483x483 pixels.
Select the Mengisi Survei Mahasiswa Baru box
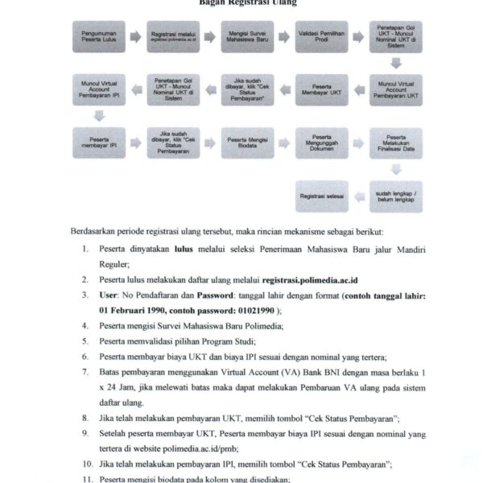coord(246,37)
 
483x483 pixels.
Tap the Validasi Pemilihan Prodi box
coord(321,37)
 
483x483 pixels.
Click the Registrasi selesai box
coord(321,195)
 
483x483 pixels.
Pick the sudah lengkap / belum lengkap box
coord(395,195)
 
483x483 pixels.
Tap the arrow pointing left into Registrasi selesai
coord(359,195)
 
